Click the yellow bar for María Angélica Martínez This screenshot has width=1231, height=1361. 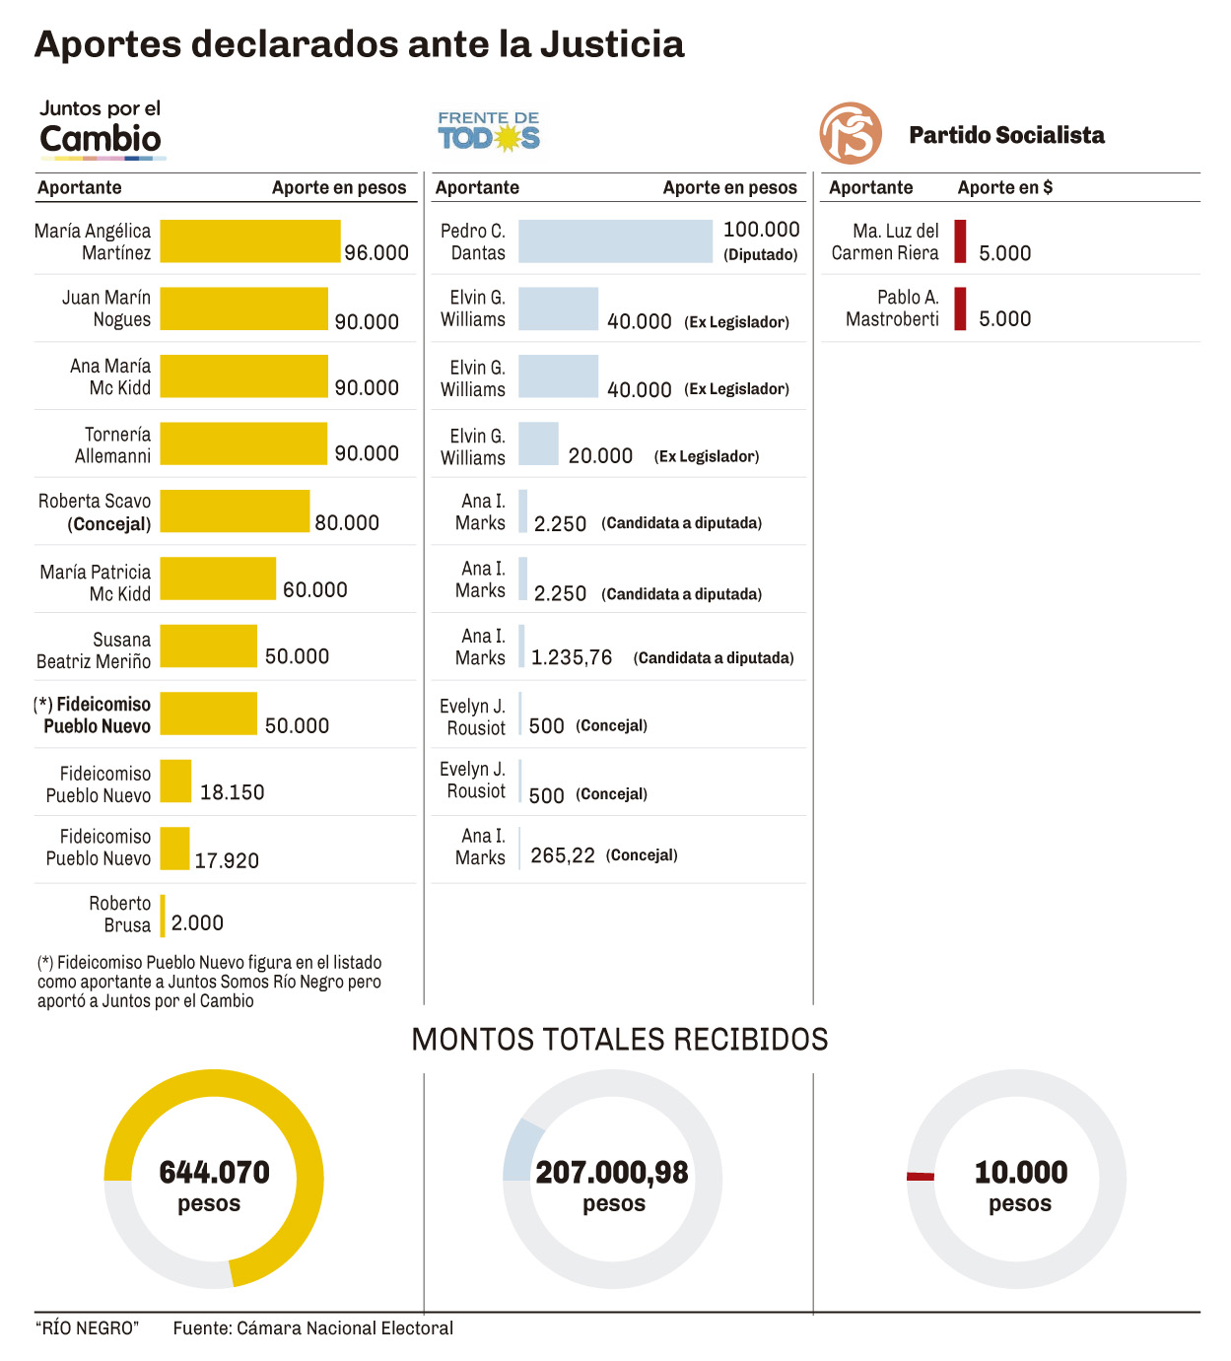(250, 241)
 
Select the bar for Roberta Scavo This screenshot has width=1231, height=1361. (235, 511)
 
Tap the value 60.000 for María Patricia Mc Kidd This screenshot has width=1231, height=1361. (315, 589)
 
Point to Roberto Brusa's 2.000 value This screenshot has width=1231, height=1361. (197, 923)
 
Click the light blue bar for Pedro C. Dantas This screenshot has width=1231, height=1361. (615, 241)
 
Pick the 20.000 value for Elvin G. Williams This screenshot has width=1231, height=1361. (600, 456)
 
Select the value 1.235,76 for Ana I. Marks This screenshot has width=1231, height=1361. (572, 657)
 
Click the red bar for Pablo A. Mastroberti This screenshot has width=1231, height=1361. (960, 308)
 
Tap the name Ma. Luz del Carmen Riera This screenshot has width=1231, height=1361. (884, 241)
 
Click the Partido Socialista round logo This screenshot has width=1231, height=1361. (851, 133)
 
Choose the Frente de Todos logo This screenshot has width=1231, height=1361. (489, 131)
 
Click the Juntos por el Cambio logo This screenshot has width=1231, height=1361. (101, 129)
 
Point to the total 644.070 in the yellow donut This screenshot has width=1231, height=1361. (214, 1172)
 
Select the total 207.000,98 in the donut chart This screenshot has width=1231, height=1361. (612, 1172)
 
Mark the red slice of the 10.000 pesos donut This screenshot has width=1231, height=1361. (921, 1176)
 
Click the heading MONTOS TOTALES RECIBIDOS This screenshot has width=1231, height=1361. (619, 1039)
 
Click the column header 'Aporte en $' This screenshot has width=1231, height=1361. (1004, 187)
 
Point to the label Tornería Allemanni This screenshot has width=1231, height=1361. (113, 445)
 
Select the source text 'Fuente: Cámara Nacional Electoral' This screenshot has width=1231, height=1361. (313, 1327)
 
